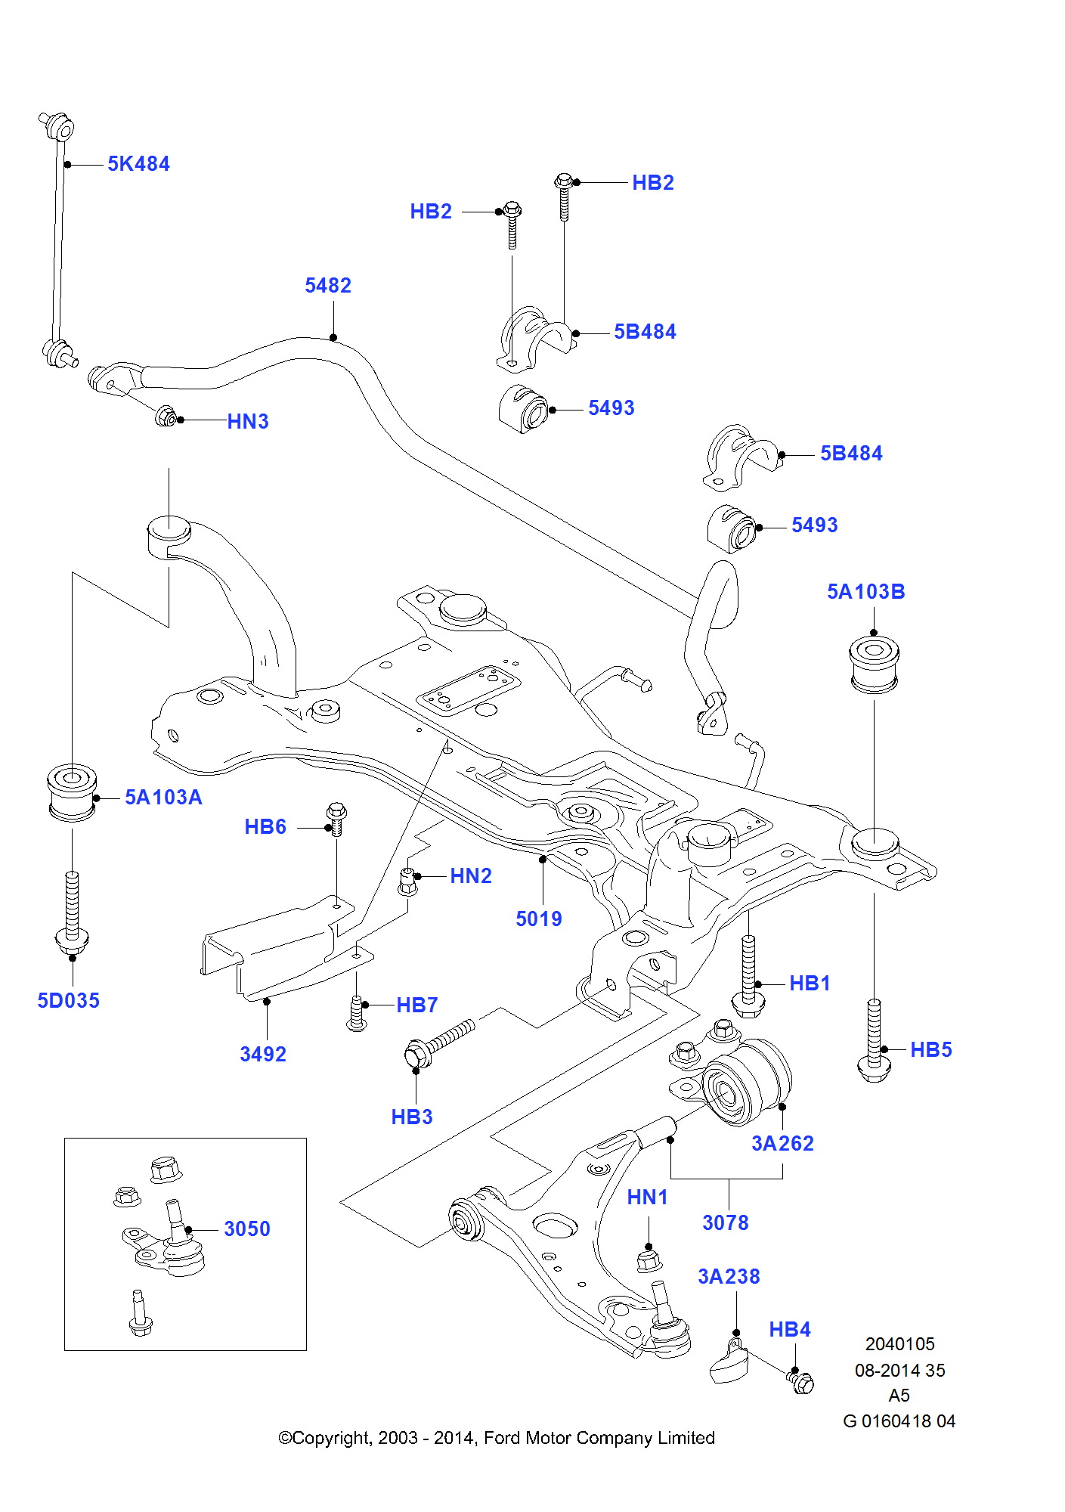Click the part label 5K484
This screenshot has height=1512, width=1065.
coord(138,163)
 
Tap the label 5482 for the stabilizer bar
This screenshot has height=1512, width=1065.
coord(328,285)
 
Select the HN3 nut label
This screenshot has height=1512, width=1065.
coord(248,421)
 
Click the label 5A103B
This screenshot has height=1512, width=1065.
coord(865,591)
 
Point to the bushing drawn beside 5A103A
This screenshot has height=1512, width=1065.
coord(72,792)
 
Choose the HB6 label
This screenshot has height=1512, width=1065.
coord(265,826)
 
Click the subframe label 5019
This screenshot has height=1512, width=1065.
coord(538,919)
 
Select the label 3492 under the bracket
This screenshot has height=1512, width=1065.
coord(263,1054)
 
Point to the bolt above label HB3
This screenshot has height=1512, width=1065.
coord(438,1043)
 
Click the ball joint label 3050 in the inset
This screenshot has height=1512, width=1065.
coord(246,1228)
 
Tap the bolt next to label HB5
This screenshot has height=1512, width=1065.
coord(875,1040)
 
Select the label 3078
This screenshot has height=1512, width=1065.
coord(725,1222)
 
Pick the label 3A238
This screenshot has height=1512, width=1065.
coord(729,1276)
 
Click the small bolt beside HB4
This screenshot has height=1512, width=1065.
coord(801,1382)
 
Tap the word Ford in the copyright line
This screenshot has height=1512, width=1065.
coord(502,1437)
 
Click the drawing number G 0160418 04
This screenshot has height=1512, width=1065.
coord(899,1421)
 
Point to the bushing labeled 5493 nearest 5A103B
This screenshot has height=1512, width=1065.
coord(732,529)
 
